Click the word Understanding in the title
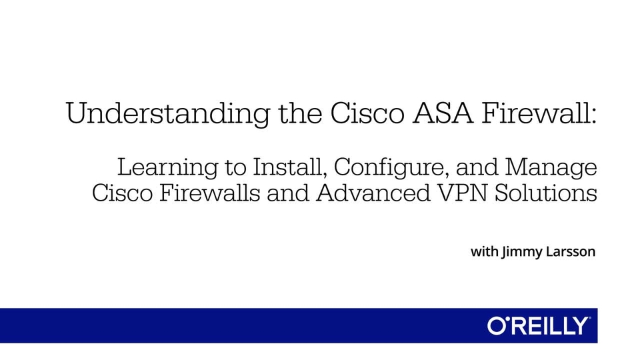click(168, 113)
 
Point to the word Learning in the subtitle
click(167, 167)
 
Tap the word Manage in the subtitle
click(551, 167)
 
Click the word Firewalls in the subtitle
click(209, 193)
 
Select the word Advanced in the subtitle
click(373, 193)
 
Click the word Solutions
click(546, 193)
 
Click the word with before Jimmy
click(485, 251)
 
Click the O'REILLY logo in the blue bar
click(539, 326)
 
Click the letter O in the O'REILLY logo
click(497, 326)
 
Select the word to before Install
click(235, 168)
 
